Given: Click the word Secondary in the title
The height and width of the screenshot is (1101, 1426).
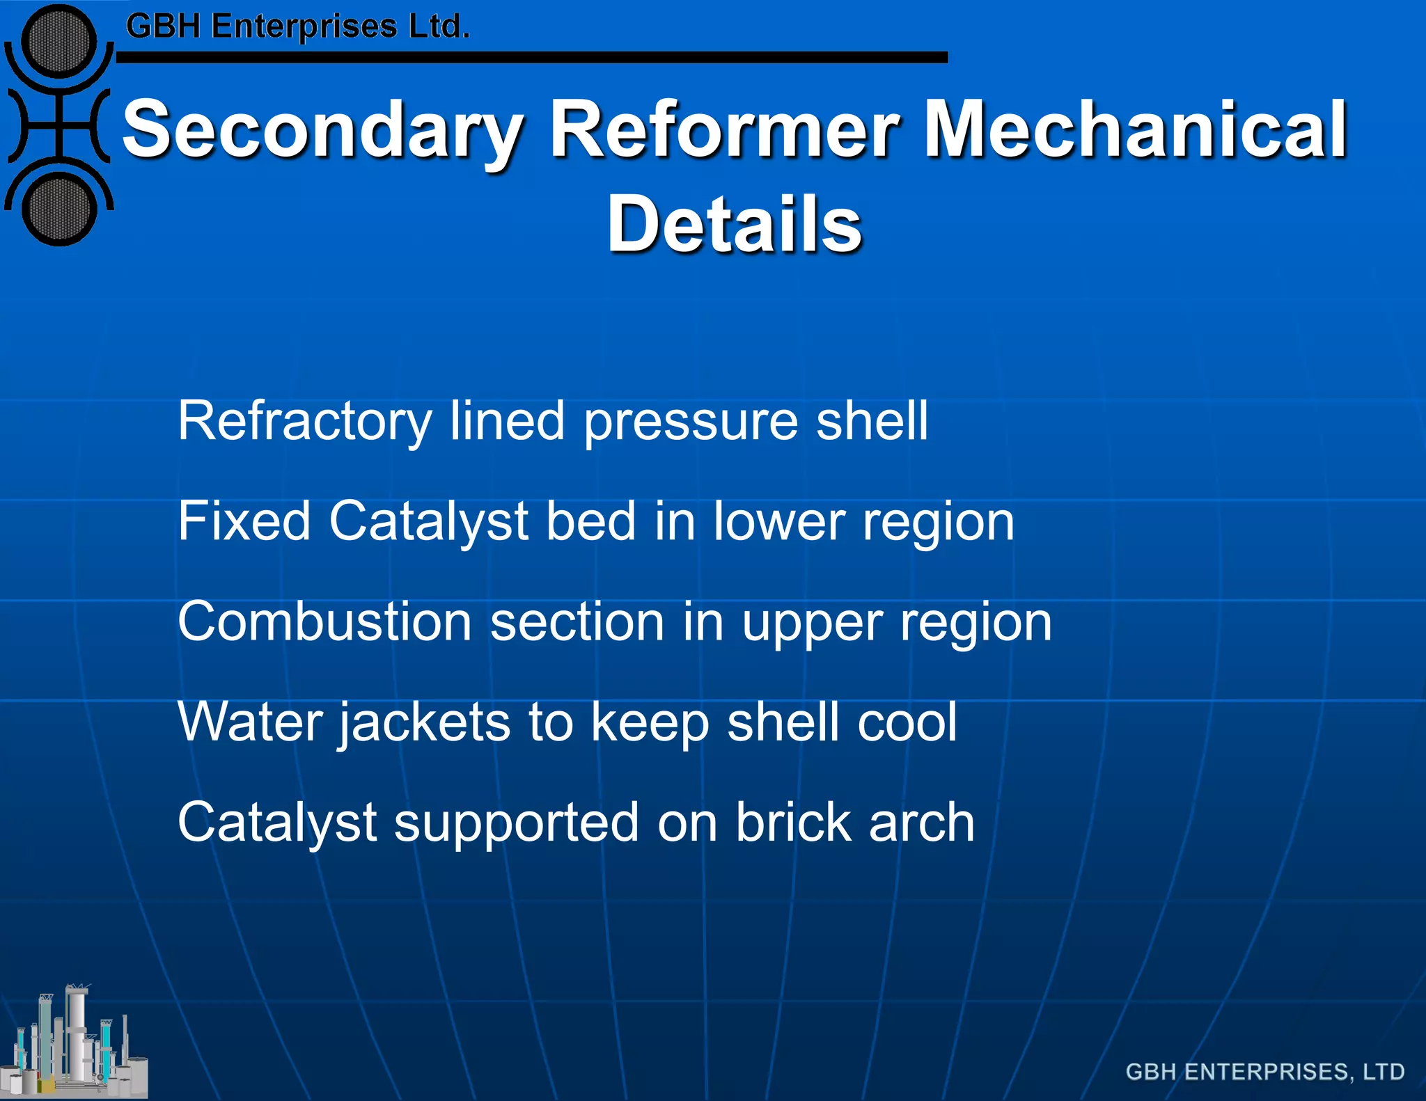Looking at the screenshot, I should (322, 130).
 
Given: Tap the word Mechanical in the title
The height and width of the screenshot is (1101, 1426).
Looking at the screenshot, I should (1135, 129).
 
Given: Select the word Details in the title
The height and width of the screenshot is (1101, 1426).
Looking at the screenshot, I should (735, 224).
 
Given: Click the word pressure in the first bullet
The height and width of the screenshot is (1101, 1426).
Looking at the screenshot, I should (690, 422).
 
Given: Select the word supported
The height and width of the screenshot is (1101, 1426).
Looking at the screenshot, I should (516, 823).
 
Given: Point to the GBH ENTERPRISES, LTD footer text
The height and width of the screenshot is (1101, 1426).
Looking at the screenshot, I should (1264, 1072).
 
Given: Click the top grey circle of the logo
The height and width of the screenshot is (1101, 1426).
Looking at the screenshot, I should (59, 40).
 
